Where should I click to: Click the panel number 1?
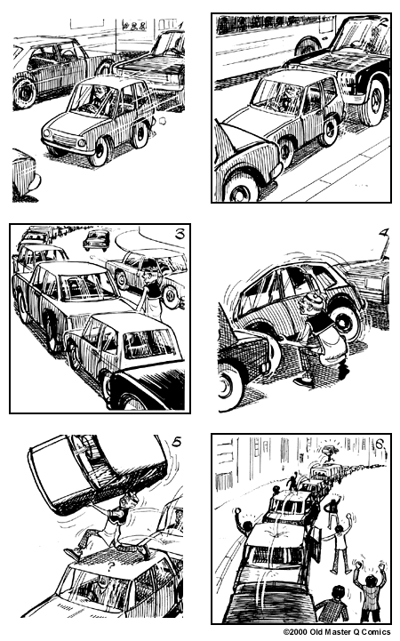pos(180,25)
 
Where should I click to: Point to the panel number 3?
pos(180,234)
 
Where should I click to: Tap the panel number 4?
pos(383,233)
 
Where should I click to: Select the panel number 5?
pos(176,442)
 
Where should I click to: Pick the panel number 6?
pos(380,444)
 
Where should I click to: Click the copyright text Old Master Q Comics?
pos(337,632)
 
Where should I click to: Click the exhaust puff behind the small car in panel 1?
pos(162,121)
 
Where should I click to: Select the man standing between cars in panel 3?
pos(153,293)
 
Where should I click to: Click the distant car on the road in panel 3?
pos(96,240)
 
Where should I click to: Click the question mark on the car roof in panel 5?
pos(109,566)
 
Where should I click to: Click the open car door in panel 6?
pos(316,542)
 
